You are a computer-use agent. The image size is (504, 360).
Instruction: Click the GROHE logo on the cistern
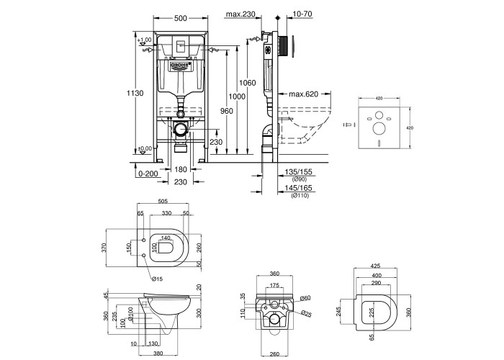click(x=181, y=66)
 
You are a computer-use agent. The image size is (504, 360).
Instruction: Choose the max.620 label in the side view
click(x=300, y=94)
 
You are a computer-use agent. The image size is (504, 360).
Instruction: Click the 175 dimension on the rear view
click(x=273, y=285)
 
